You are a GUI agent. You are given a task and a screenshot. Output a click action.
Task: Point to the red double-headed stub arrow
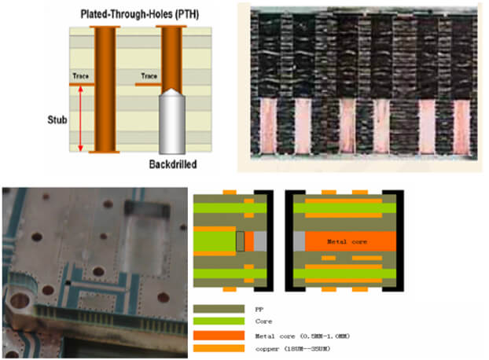(x=81, y=119)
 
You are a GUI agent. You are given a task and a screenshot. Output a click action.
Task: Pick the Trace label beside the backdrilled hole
(x=149, y=77)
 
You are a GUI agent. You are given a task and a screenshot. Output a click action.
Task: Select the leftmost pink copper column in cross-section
(x=270, y=126)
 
